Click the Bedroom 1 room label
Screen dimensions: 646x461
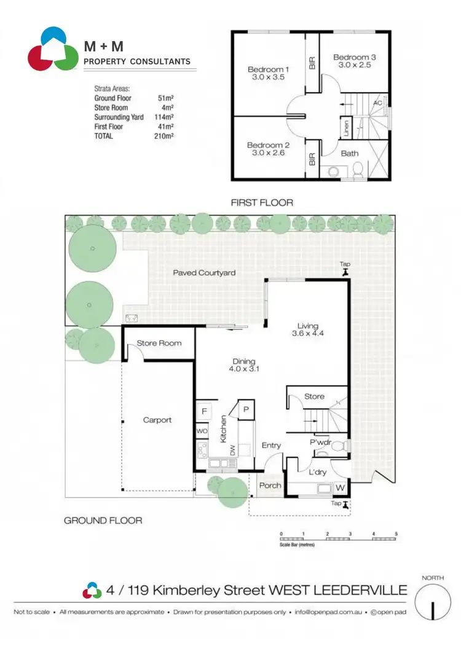point(268,69)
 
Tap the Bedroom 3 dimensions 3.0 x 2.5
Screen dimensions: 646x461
point(355,66)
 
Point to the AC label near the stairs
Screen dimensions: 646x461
point(377,103)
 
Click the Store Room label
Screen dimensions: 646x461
point(159,343)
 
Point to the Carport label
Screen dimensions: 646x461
point(157,420)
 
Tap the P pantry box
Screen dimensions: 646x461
point(246,409)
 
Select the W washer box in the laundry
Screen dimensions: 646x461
point(339,487)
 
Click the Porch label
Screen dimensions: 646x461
point(270,486)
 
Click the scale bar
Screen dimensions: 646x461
point(338,539)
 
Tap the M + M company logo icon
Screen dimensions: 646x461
point(53,49)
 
